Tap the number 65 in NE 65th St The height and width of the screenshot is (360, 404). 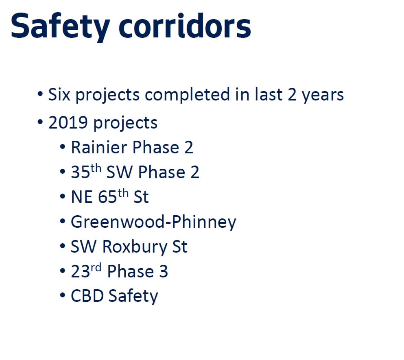pos(108,197)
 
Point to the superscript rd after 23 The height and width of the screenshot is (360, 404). pos(96,268)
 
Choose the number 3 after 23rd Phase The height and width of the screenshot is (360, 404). pos(163,272)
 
